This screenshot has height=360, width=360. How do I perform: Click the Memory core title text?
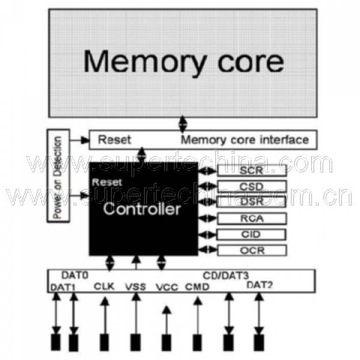[x=184, y=61]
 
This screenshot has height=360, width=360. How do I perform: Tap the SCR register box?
[x=251, y=170]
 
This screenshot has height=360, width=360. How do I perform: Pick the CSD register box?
[x=251, y=187]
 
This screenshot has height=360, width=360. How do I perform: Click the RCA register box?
[x=251, y=218]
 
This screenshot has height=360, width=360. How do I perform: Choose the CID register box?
[x=251, y=234]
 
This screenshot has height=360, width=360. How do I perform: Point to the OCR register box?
[x=251, y=250]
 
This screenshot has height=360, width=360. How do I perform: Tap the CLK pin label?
[x=105, y=287]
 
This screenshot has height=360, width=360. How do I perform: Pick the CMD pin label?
[x=197, y=287]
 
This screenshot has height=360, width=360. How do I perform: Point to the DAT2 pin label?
[x=260, y=285]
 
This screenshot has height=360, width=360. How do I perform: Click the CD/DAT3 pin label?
[x=226, y=275]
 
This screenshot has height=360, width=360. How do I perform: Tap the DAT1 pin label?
[x=63, y=287]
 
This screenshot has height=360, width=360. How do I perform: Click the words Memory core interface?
[x=245, y=140]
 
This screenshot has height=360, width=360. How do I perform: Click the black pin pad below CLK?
[x=104, y=342]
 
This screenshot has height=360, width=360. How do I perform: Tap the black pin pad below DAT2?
[x=259, y=342]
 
